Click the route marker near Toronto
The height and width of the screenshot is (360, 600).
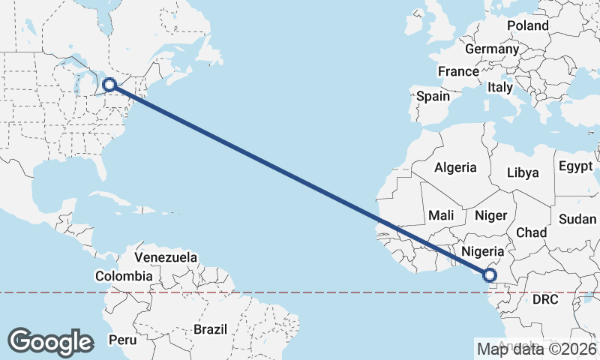(110, 85)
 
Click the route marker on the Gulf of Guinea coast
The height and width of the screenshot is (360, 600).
(490, 275)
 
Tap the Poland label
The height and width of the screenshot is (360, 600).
(527, 25)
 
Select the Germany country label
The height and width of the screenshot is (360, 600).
(491, 49)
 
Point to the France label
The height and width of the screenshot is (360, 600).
(458, 71)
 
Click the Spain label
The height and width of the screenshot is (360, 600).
(433, 96)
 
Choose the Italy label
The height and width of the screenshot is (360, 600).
(500, 87)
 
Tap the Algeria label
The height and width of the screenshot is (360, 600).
(456, 167)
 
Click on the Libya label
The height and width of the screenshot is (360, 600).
(523, 172)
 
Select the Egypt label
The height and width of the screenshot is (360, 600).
(575, 166)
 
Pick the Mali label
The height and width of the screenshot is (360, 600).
(441, 215)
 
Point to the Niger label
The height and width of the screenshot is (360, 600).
(491, 215)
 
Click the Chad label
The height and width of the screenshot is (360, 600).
(532, 232)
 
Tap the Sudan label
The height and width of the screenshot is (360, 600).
(577, 219)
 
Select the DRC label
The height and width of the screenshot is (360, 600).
(546, 299)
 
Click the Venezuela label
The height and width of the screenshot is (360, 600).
(166, 257)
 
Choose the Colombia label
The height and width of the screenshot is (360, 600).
(124, 276)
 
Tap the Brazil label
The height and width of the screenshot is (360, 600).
(210, 328)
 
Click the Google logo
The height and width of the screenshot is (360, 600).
(50, 341)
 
